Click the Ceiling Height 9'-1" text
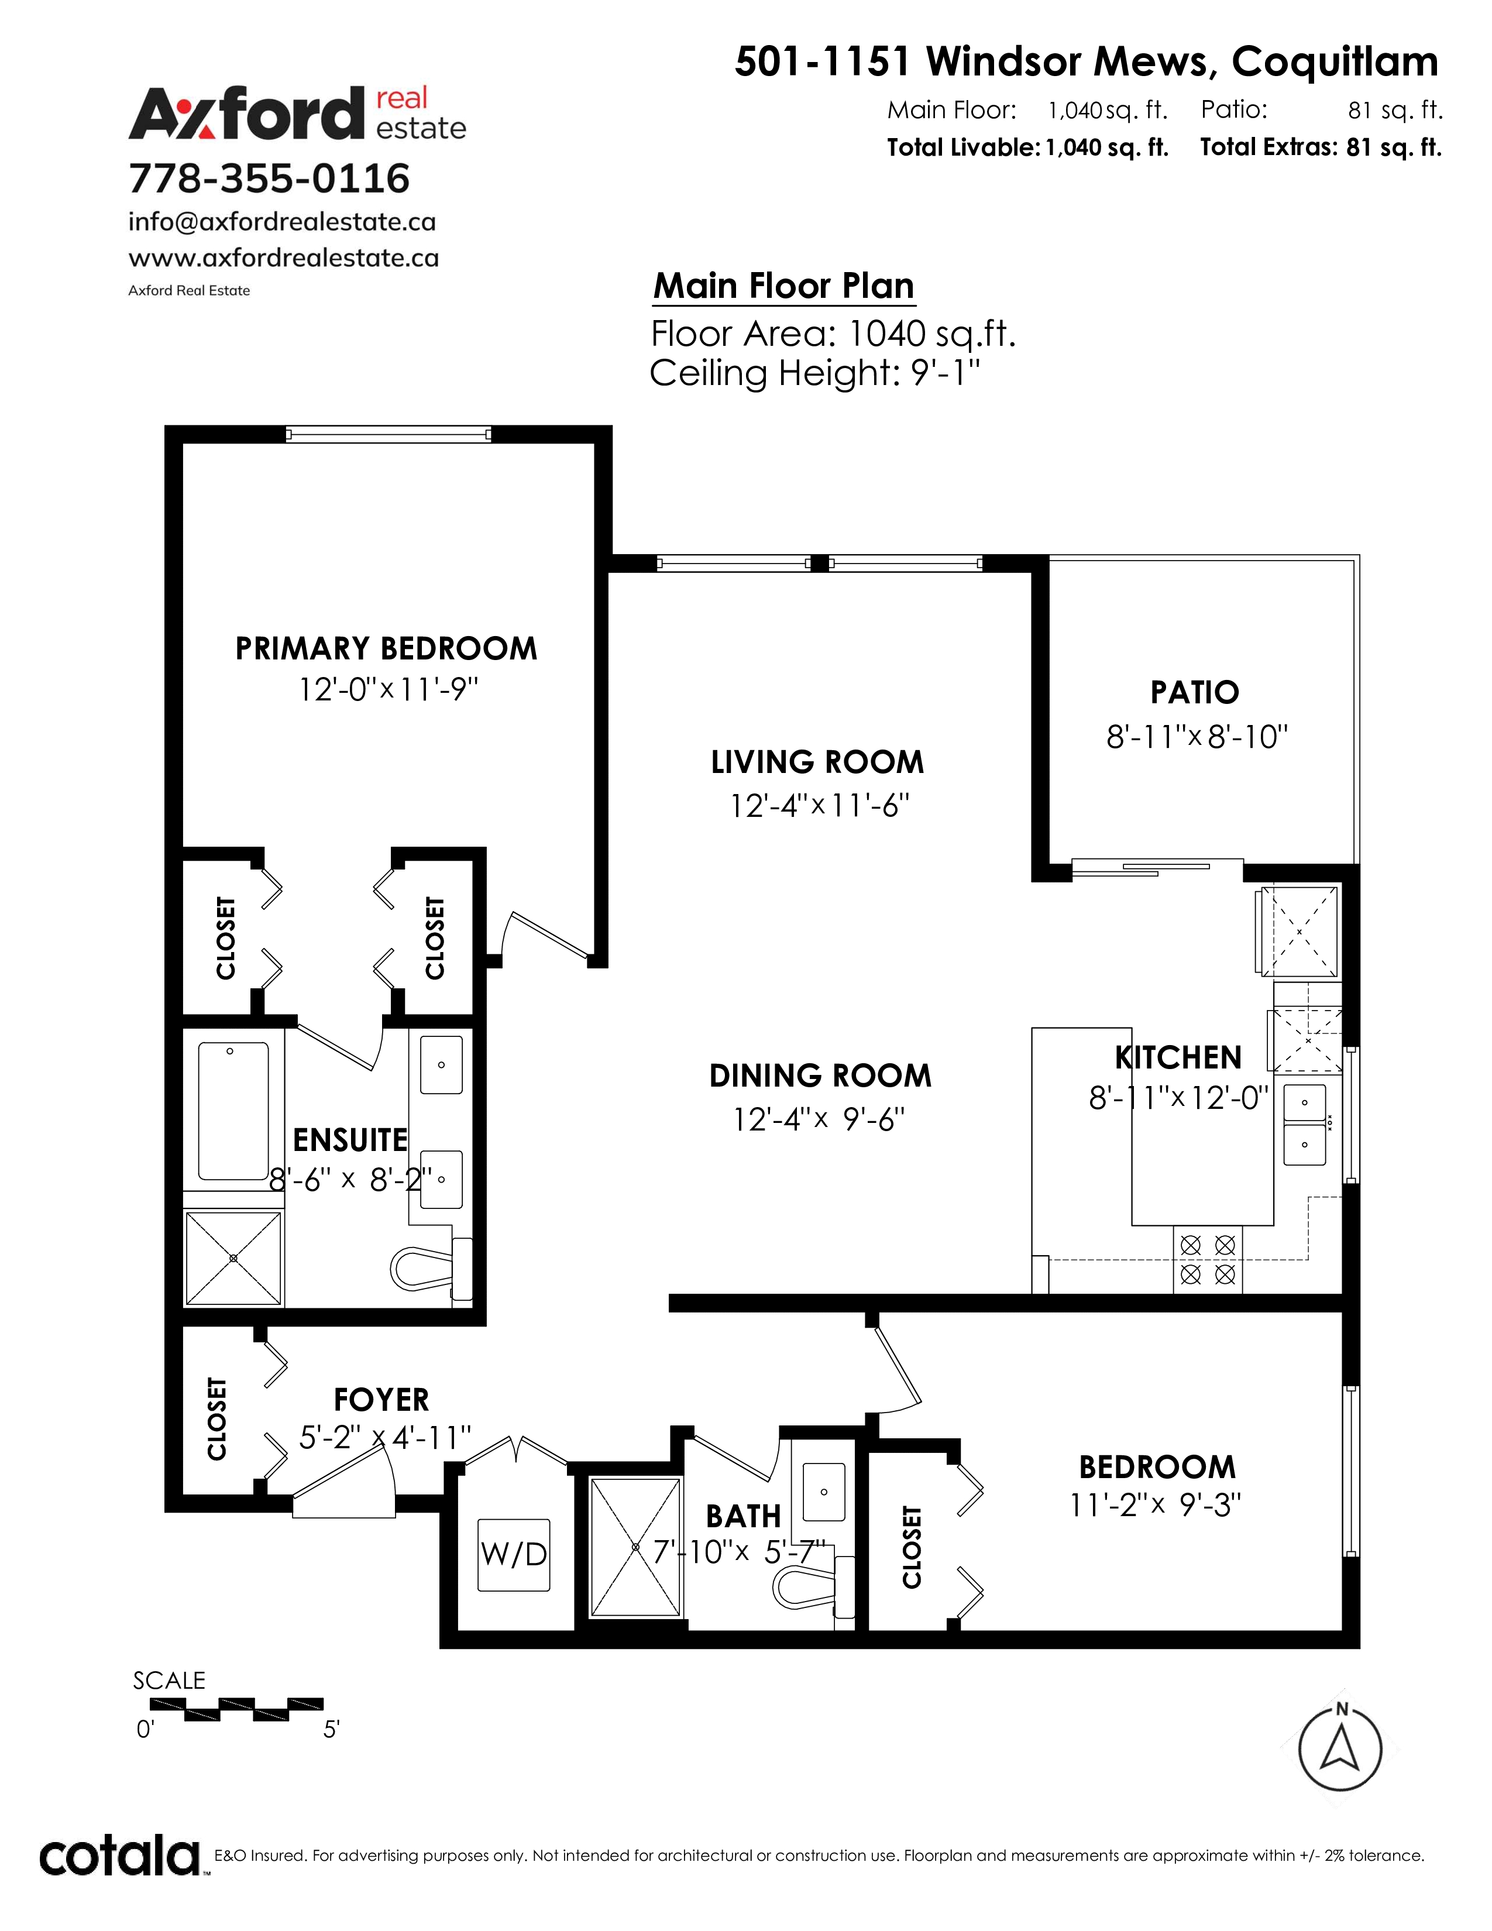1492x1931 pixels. pyautogui.click(x=815, y=373)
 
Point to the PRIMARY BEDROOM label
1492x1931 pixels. pyautogui.click(x=386, y=648)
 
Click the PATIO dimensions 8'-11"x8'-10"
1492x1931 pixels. pyautogui.click(x=1197, y=737)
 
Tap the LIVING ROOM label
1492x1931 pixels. pyautogui.click(x=817, y=762)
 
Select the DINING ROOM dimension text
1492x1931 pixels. pyautogui.click(x=819, y=1120)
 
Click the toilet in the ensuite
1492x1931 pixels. pyautogui.click(x=431, y=1270)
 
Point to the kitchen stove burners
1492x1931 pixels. pyautogui.click(x=1208, y=1260)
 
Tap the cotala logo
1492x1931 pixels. pyautogui.click(x=119, y=1857)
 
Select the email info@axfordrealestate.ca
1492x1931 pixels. pyautogui.click(x=282, y=221)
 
